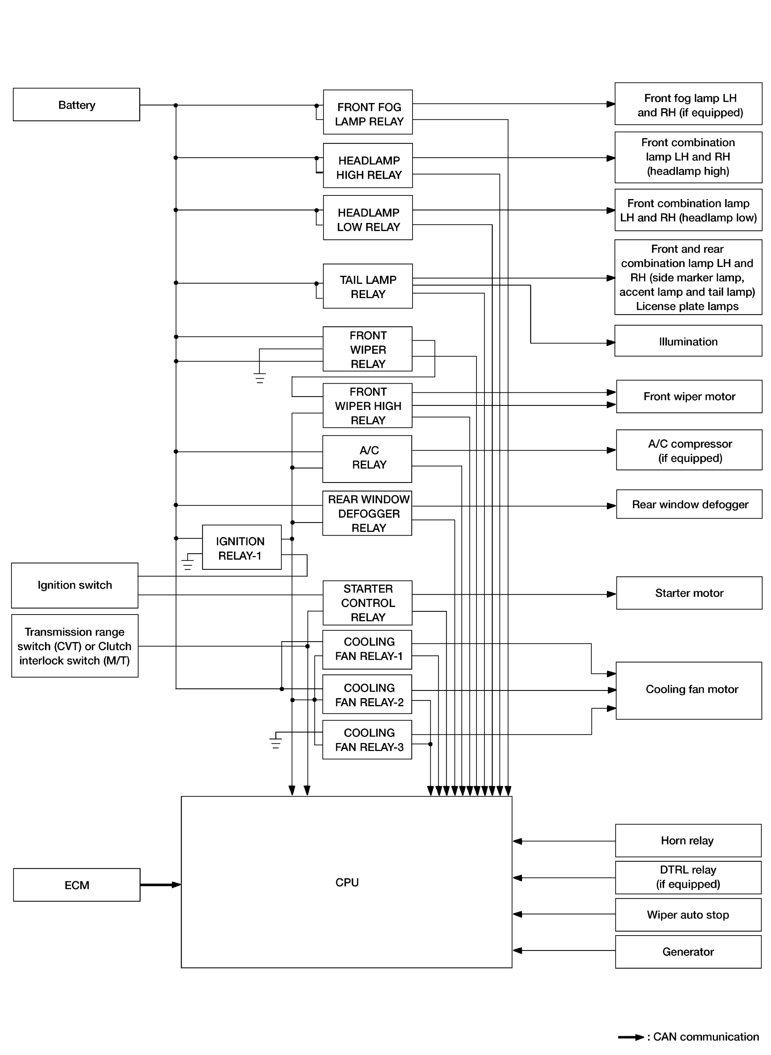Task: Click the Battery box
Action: tap(76, 105)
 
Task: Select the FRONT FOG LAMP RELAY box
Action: tap(368, 112)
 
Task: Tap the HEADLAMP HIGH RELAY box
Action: tap(368, 166)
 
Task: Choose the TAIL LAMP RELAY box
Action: tap(368, 286)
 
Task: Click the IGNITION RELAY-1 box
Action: tap(241, 547)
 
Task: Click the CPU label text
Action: tap(347, 882)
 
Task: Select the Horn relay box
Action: tap(688, 840)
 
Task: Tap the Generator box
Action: tap(688, 951)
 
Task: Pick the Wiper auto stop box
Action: tap(688, 915)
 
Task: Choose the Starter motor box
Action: tap(689, 592)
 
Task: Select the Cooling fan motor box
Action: tap(689, 690)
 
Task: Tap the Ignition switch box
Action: tap(75, 585)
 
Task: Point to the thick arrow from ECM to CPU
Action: tap(161, 885)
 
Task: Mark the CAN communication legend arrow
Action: tap(631, 1037)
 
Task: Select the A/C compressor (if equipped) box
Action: tap(689, 450)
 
